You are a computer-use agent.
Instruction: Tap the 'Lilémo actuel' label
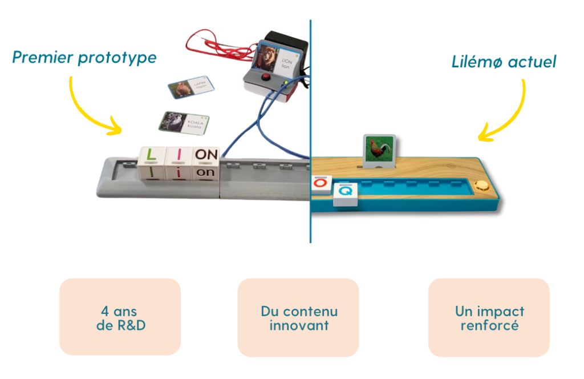[x=504, y=62]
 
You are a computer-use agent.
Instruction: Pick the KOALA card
[x=183, y=122]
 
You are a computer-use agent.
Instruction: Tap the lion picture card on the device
[x=275, y=59]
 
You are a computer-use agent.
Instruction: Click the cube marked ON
[x=206, y=164]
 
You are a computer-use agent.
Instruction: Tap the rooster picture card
[x=380, y=151]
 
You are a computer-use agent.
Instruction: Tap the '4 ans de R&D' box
[x=120, y=317]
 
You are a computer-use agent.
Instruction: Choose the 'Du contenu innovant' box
[x=298, y=317]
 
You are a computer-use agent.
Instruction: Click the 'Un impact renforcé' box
[x=489, y=317]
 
